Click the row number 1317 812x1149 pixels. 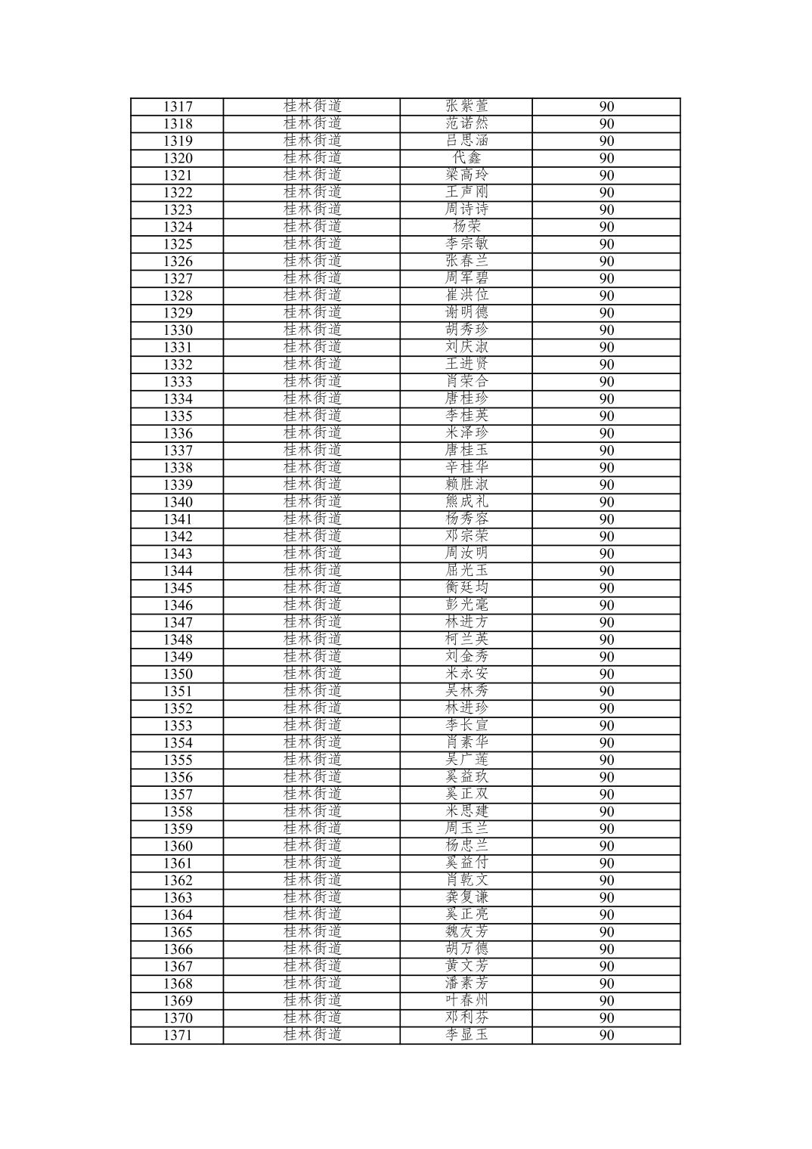tap(178, 107)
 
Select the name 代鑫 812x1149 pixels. tap(466, 158)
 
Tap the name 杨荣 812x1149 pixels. tap(466, 227)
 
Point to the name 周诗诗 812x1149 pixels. tap(466, 209)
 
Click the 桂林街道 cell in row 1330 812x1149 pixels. tap(312, 330)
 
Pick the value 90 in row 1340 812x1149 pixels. tap(606, 502)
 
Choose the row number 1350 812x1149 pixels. tap(178, 674)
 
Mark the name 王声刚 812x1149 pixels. tap(466, 193)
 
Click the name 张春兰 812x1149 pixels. tap(466, 262)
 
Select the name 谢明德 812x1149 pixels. tap(466, 313)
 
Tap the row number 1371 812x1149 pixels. tap(178, 1036)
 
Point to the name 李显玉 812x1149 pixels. tap(466, 1036)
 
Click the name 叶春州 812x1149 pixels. tap(466, 1001)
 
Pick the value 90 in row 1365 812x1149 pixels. tap(606, 932)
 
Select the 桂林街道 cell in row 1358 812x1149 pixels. tap(312, 812)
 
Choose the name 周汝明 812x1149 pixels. tap(466, 553)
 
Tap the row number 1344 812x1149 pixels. tap(178, 571)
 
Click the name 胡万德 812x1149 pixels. tap(466, 949)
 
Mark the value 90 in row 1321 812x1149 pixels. tap(606, 175)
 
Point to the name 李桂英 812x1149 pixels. tap(466, 416)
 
